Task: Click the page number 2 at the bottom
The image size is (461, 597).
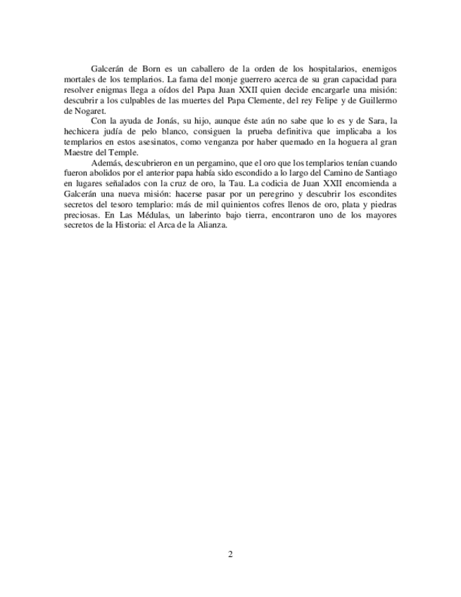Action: click(230, 554)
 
